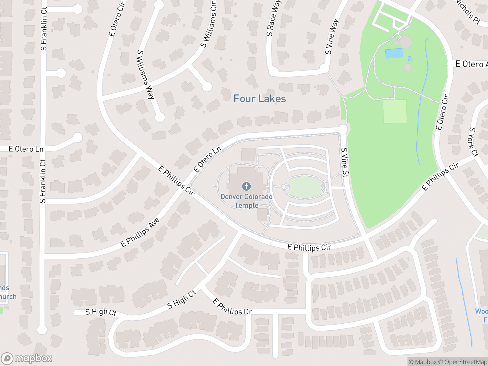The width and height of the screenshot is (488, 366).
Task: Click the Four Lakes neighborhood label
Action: (260, 99)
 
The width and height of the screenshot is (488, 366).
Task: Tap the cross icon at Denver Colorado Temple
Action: (246, 186)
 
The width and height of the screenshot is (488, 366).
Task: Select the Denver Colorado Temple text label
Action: (246, 201)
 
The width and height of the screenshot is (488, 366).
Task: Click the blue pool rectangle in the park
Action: (394, 53)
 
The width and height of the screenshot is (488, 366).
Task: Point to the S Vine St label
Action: (345, 163)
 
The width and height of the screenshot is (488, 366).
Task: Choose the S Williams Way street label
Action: (145, 75)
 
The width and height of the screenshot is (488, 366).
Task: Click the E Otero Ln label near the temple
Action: (207, 159)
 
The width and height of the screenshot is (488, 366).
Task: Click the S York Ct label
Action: (473, 142)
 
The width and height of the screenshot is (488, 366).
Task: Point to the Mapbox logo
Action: (27, 358)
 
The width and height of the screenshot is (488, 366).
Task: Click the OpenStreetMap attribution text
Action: (465, 362)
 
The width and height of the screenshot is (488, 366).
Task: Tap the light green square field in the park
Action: (395, 111)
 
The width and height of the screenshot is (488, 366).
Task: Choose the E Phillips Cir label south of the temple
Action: (309, 247)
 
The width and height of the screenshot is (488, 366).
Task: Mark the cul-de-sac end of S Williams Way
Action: (160, 117)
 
